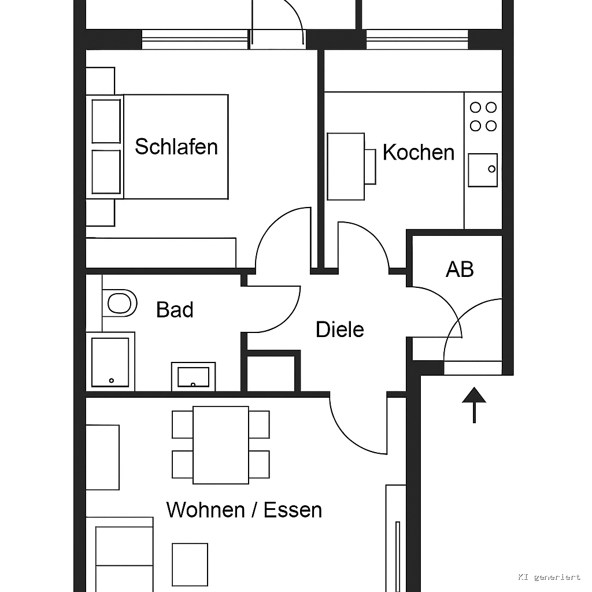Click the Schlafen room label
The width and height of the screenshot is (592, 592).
tap(176, 146)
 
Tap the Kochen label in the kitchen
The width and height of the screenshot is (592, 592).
tap(419, 152)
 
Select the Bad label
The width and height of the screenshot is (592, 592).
tap(175, 310)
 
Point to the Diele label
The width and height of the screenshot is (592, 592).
tap(340, 329)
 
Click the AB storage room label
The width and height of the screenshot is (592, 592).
tap(460, 269)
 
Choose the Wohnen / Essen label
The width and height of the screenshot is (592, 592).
tap(245, 510)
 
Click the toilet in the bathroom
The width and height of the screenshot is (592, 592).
tap(119, 303)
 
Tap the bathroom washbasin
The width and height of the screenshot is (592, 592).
tap(193, 377)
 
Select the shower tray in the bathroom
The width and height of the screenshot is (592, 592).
tap(110, 362)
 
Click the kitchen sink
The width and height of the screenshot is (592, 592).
tap(483, 170)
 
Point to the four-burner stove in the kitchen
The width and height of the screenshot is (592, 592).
tap(483, 117)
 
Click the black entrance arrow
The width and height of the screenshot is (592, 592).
tap(474, 405)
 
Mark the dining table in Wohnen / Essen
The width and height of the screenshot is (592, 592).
tap(221, 445)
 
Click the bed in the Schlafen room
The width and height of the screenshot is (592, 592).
tap(157, 146)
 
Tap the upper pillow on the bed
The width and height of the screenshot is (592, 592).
tap(106, 121)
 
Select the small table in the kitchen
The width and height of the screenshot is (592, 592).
tap(346, 166)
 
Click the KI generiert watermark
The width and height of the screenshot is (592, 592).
tap(549, 577)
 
